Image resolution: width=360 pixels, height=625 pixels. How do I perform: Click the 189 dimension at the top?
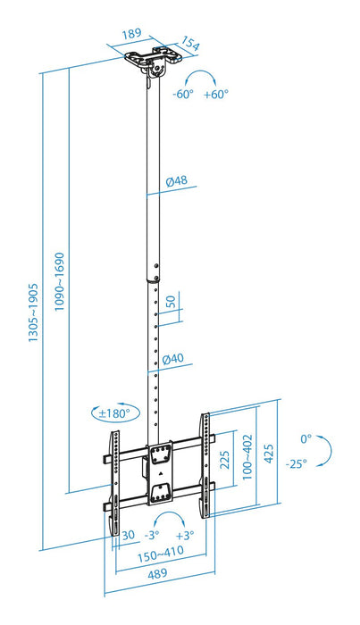coord(131,34)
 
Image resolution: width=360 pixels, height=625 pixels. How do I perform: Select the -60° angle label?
coord(184,95)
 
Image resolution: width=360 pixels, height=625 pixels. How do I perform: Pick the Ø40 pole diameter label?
coord(173,359)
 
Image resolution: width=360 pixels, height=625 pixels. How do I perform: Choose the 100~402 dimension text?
coord(247,459)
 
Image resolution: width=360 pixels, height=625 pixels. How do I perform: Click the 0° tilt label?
coord(306,438)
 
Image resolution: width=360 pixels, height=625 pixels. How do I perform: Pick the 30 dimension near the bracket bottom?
coord(129,535)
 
